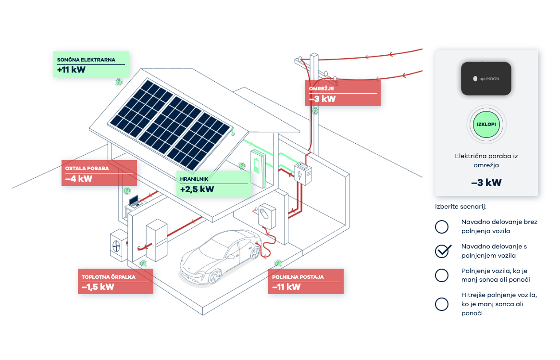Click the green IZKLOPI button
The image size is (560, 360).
point(486,124)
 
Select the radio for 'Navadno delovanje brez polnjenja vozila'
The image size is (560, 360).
point(441,226)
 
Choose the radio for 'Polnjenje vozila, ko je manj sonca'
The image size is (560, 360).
point(441,275)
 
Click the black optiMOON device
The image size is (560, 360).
point(486,78)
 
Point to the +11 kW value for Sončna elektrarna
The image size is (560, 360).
point(72,70)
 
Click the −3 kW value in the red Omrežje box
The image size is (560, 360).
point(322,99)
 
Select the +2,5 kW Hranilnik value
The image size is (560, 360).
point(197,189)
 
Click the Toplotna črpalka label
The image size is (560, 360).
point(109,277)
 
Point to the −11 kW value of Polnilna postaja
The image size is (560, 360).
point(286,287)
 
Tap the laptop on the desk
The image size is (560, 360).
point(134,201)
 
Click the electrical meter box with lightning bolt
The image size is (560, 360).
point(303,174)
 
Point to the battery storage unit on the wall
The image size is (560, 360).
point(257,168)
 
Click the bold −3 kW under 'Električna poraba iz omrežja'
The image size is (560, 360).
point(486,183)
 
